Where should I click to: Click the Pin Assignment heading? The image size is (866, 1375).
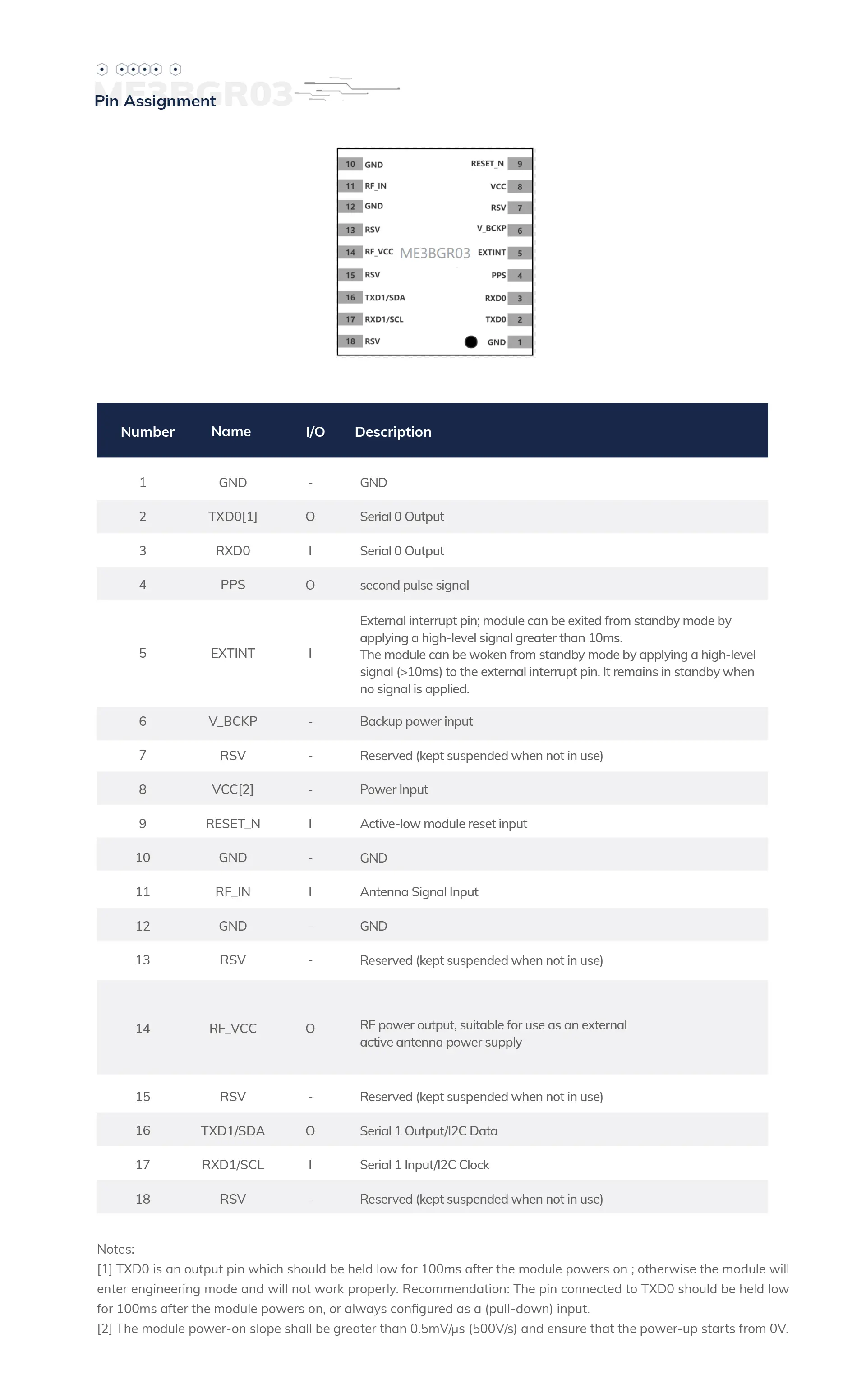click(x=155, y=101)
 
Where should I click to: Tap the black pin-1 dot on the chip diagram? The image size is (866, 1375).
click(x=471, y=341)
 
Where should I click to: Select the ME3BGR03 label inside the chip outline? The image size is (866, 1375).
click(x=435, y=253)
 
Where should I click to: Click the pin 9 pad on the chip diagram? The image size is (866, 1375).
click(x=520, y=164)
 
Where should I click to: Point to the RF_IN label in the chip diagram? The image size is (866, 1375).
click(x=376, y=186)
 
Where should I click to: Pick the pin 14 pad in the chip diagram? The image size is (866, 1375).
click(x=350, y=252)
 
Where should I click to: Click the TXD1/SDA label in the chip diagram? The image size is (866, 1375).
click(x=385, y=297)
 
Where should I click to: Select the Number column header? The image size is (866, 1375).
click(x=147, y=432)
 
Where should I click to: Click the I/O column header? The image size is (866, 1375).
click(x=315, y=432)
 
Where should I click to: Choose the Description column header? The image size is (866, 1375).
click(x=393, y=432)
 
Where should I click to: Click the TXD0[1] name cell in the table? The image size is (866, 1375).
click(x=232, y=517)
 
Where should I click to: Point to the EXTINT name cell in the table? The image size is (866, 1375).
click(x=232, y=653)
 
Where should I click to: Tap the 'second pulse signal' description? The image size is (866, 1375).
click(x=415, y=585)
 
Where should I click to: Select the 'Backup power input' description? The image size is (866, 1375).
click(x=416, y=722)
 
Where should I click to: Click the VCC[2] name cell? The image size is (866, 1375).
click(x=232, y=790)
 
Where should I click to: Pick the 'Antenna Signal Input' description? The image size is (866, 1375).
click(x=419, y=892)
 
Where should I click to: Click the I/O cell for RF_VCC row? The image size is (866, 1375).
click(x=310, y=1029)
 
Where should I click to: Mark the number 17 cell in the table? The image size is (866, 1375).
click(x=143, y=1165)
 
